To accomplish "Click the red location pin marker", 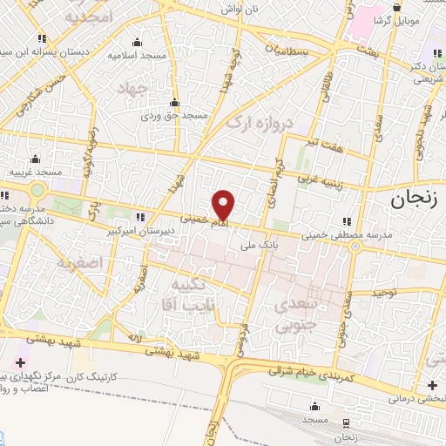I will tap(224, 204).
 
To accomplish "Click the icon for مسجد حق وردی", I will tap(174, 102).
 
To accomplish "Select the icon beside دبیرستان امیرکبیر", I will tap(152, 219).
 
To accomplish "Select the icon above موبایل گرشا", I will tap(396, 7).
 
